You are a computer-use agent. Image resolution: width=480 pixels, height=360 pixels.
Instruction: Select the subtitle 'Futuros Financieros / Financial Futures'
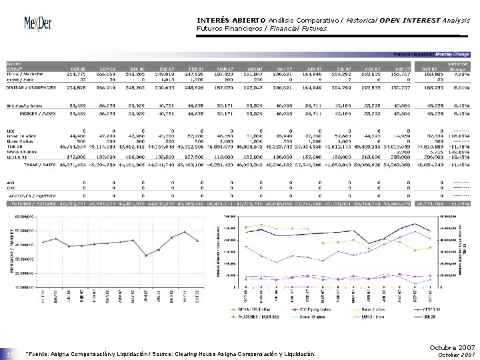262,29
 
